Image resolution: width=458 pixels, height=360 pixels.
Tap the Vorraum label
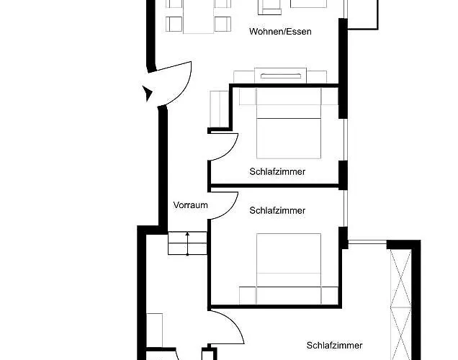coord(190,205)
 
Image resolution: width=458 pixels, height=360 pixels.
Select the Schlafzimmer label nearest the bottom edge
coord(333,346)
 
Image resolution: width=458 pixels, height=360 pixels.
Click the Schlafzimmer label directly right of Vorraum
coord(277,211)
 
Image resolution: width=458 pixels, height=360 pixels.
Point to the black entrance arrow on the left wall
coord(147,92)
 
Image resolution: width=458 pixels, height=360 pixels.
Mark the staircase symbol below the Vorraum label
coord(188,243)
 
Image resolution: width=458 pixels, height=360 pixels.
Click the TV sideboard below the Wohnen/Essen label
coord(280,76)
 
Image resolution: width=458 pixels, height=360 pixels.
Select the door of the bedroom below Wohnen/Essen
coord(225,148)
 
